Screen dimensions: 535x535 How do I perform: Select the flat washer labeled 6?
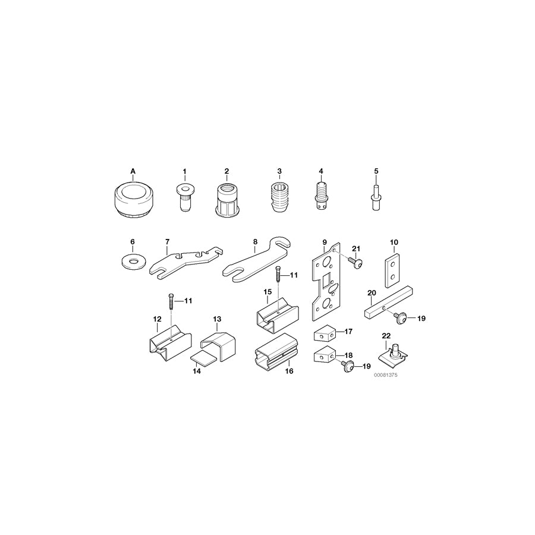tap(133, 260)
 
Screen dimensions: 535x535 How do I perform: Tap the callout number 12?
tap(158, 319)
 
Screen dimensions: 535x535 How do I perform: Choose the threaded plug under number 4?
tap(321, 196)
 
